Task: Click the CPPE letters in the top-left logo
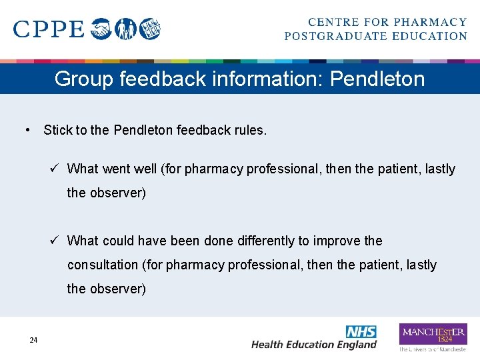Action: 49,29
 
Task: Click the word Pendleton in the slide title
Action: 377,79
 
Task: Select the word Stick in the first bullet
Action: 57,130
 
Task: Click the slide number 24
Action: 33,341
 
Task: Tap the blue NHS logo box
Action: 361,331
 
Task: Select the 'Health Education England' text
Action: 313,345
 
